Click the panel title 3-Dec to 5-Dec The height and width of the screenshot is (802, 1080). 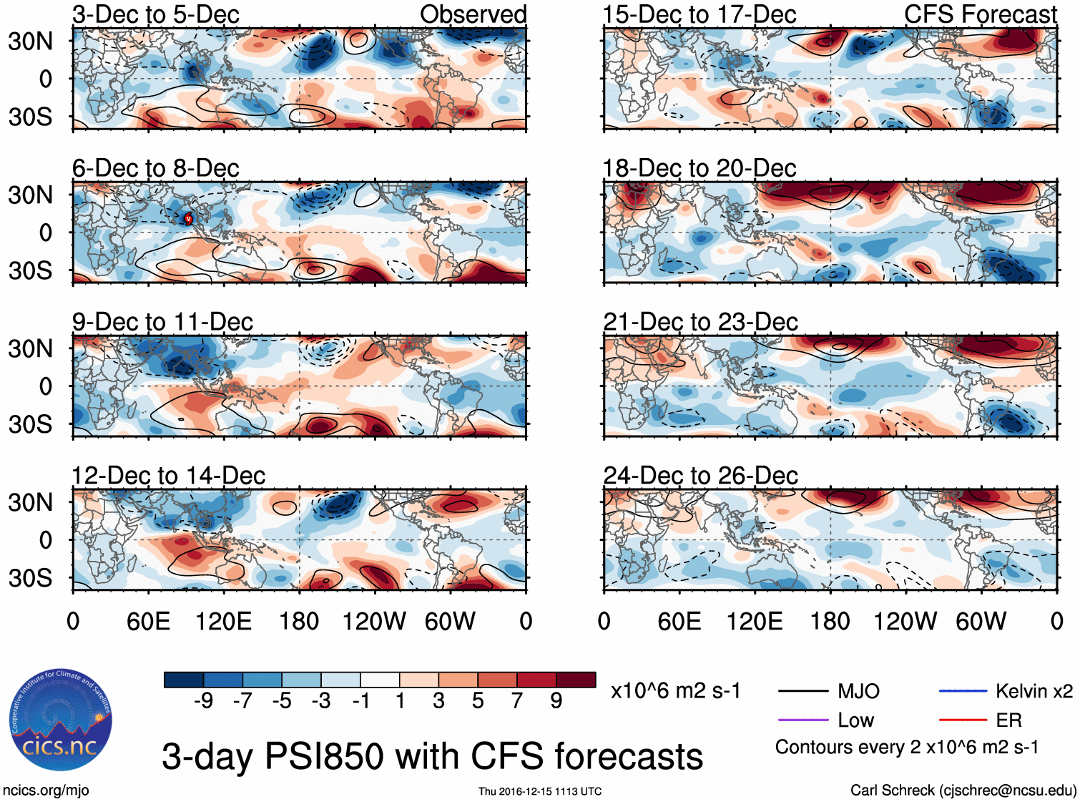(156, 14)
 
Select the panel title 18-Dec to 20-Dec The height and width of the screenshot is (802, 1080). (699, 168)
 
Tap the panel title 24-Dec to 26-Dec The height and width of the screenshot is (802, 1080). (700, 476)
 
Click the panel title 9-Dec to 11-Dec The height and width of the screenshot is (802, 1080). (162, 322)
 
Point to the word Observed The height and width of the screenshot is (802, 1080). (473, 14)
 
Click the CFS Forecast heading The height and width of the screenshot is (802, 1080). (980, 14)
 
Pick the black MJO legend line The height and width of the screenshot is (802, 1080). (802, 691)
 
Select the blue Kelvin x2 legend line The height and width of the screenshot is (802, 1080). (963, 691)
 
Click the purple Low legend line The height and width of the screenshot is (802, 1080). (802, 720)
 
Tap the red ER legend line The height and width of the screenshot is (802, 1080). (963, 720)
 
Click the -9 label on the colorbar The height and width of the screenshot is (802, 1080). (203, 701)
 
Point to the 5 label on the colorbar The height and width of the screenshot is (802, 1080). (478, 701)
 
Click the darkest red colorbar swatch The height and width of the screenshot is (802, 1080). (576, 680)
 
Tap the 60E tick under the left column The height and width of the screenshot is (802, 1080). (148, 621)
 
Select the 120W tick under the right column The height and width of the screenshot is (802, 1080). (905, 621)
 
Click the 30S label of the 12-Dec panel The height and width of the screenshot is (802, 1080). (30, 577)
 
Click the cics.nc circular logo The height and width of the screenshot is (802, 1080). (61, 720)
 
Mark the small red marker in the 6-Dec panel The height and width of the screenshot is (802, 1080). (188, 218)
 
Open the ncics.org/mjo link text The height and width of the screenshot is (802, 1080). (46, 790)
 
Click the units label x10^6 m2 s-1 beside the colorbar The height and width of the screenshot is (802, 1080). (675, 691)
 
